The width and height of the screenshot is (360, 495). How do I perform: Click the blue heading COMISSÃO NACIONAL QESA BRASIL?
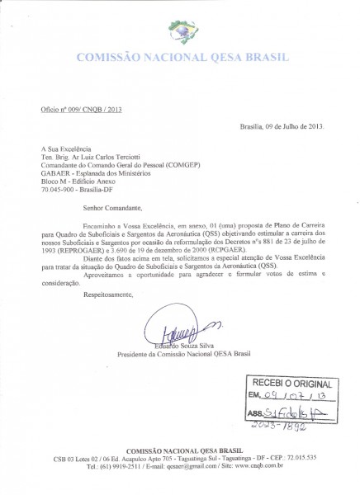(180, 59)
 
